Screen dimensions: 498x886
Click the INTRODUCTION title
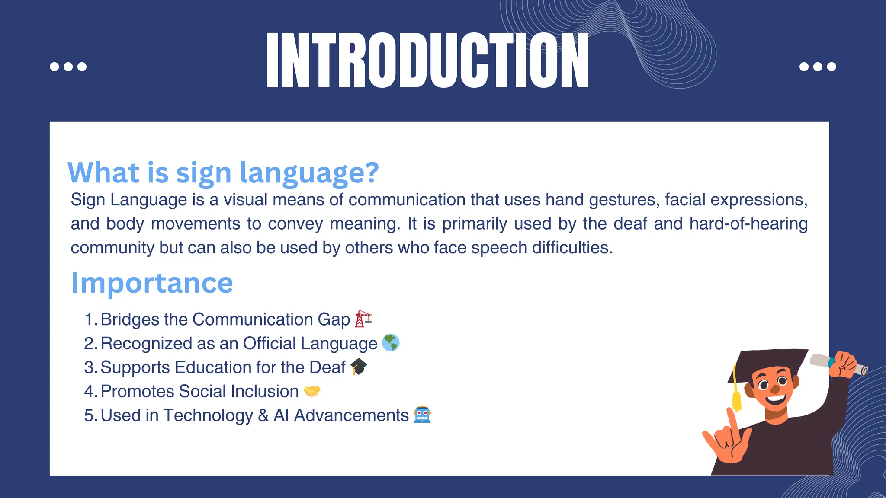click(427, 61)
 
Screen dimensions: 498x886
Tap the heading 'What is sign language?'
click(223, 172)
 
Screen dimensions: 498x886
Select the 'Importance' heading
click(152, 283)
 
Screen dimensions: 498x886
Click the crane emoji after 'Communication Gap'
click(363, 319)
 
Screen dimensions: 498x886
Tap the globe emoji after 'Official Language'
click(391, 343)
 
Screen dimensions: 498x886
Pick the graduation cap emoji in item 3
click(358, 367)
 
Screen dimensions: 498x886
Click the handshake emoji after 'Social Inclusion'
click(312, 391)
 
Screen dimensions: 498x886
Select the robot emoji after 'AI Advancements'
click(422, 415)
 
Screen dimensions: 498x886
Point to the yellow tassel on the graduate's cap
click(736, 398)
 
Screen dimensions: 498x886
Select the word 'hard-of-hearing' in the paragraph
click(748, 223)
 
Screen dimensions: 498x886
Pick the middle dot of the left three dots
click(68, 67)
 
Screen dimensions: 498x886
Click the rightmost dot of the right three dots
click(831, 67)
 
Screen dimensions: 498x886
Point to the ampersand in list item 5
click(263, 415)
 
